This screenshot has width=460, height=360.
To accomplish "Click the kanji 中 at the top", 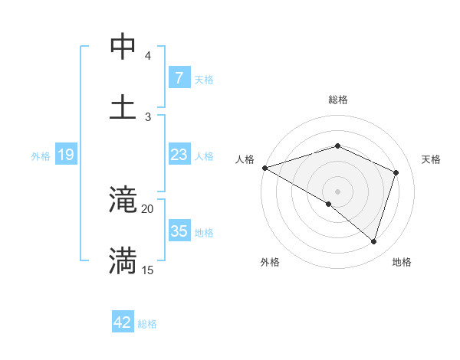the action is [123, 47].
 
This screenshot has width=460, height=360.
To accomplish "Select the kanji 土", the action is [123, 106].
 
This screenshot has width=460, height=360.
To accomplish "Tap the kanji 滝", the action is [123, 201].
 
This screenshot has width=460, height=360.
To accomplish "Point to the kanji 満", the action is [123, 260].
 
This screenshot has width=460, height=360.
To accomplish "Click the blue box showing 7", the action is [179, 78].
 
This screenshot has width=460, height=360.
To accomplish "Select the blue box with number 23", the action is [179, 155].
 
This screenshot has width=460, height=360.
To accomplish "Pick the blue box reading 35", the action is [179, 232].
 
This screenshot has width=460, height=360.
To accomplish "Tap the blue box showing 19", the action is [66, 155].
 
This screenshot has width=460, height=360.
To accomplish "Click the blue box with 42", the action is [123, 322].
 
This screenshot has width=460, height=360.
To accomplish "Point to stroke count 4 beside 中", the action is [148, 56].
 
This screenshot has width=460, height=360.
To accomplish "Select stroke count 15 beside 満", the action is [148, 270].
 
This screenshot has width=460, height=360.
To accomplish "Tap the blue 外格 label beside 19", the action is [41, 156].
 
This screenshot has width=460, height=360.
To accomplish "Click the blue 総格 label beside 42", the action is [147, 324].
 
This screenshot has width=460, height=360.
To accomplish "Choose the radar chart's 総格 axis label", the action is [338, 100].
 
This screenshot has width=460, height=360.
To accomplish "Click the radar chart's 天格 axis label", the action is [432, 159].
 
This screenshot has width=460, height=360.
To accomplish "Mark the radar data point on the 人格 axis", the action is [264, 168].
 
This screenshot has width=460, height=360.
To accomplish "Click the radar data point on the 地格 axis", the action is [373, 242].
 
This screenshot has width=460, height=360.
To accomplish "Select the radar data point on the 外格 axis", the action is [329, 204].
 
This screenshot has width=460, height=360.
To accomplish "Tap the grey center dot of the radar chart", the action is [338, 191].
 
